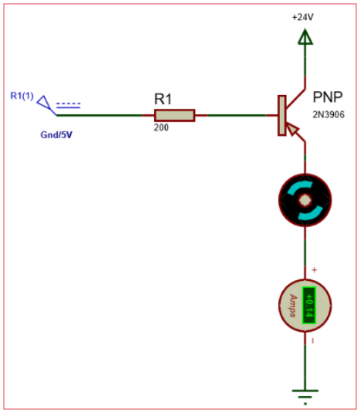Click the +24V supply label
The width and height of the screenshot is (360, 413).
[304, 16]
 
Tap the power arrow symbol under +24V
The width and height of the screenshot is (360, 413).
[304, 36]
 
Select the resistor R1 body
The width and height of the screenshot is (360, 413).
[174, 115]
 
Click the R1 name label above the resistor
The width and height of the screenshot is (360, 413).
[164, 99]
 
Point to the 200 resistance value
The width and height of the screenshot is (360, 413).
[161, 128]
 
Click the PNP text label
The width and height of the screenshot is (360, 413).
[329, 97]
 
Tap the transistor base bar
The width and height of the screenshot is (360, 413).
[282, 115]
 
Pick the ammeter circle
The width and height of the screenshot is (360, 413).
[304, 305]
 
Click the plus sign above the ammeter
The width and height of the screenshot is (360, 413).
[314, 270]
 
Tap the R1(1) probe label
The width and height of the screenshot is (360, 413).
[22, 95]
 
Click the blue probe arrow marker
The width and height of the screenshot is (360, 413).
[47, 104]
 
